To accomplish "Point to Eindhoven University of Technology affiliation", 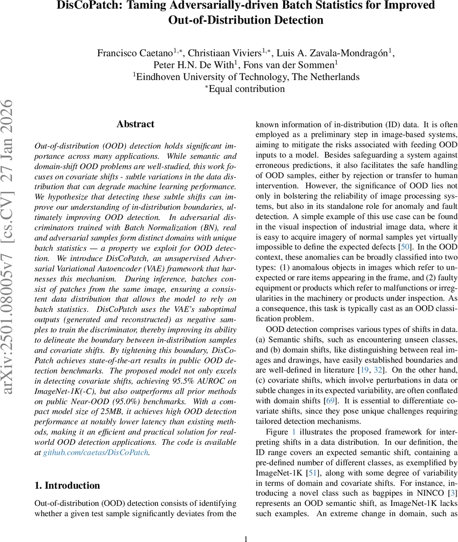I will point(248,77).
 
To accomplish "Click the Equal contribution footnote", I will point(246,89).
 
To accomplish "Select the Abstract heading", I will point(135,124).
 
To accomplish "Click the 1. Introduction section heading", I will point(67,486).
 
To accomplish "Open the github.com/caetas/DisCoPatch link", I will point(96,452).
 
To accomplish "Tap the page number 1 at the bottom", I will point(246,538).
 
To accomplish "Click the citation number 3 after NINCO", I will point(453,493).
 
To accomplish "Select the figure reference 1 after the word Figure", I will point(294,432).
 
